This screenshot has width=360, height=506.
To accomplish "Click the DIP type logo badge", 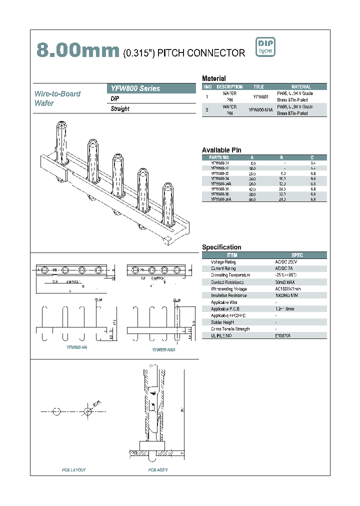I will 265,46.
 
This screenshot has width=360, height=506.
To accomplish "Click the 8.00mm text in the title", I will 77,51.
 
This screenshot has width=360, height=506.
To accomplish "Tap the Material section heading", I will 213,78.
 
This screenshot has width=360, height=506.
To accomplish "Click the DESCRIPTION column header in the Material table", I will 229,86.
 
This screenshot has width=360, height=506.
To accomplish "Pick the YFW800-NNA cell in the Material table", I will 261,110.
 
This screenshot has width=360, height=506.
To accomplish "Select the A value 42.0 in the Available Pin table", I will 252,190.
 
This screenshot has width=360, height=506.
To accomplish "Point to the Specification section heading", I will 221,247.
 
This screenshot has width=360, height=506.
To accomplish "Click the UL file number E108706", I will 282,336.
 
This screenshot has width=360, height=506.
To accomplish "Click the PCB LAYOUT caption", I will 74,470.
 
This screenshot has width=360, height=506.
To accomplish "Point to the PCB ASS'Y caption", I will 158,470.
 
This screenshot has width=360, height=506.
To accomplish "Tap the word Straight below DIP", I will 120,109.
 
